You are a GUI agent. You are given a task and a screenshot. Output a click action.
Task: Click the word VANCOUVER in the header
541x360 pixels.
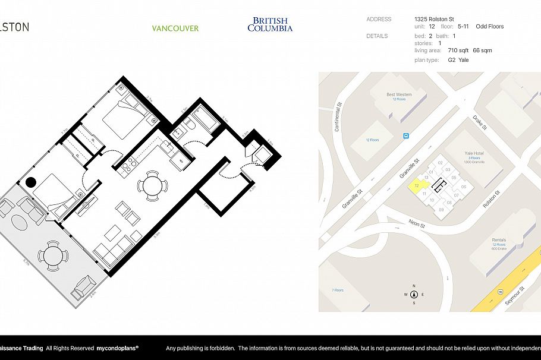point(175,29)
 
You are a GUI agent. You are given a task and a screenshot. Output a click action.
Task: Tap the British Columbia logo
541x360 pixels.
point(270,24)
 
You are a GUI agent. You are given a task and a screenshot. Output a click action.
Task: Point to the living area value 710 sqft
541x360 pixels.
point(459,50)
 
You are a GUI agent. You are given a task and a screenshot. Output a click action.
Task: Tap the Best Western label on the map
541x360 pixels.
point(399,94)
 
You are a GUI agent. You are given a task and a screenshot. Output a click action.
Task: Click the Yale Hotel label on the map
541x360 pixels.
point(474,153)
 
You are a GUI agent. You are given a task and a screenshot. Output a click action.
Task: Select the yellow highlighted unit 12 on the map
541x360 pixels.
point(417,186)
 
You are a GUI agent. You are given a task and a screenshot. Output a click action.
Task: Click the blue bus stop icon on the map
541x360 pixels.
point(406,135)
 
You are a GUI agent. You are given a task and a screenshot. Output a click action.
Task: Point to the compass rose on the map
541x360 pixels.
point(414,295)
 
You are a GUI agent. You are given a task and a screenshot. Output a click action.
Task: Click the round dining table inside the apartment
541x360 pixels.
point(152,186)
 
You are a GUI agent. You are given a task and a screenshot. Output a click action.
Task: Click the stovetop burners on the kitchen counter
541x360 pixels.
point(127,167)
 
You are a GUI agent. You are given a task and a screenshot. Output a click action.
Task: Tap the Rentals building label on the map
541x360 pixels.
point(498,240)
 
